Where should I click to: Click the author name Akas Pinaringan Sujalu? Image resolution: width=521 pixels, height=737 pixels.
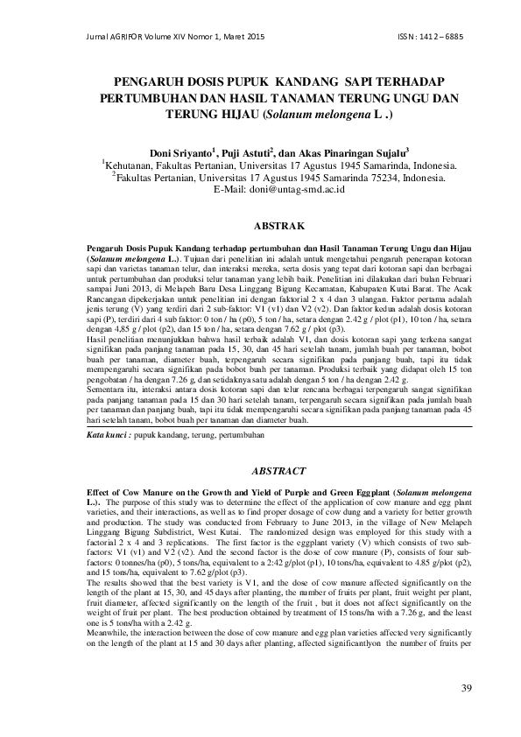356,150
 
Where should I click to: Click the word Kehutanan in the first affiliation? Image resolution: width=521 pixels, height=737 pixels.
135,164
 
